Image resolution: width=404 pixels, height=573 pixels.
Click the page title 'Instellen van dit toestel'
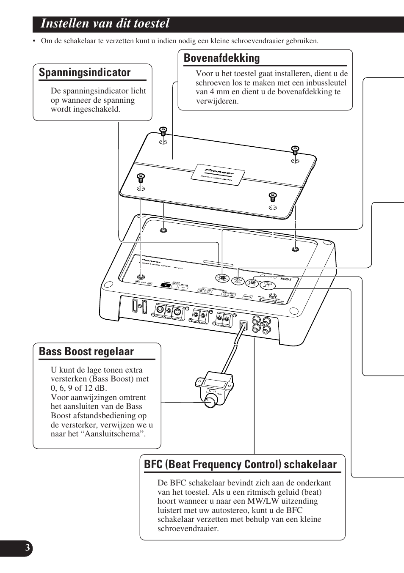105,24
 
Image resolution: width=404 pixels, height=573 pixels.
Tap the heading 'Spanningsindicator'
85,73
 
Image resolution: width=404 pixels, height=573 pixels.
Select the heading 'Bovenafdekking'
221,58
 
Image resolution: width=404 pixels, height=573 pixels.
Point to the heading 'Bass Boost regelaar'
86,352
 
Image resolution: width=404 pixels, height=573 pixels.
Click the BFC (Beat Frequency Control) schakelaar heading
240,464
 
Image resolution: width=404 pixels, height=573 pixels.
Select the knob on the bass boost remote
210,401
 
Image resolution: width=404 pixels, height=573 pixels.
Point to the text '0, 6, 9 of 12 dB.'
79,388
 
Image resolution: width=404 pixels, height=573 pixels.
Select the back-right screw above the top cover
295,149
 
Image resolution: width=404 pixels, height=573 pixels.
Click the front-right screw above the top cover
272,196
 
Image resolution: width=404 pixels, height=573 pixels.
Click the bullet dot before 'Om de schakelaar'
35,41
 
